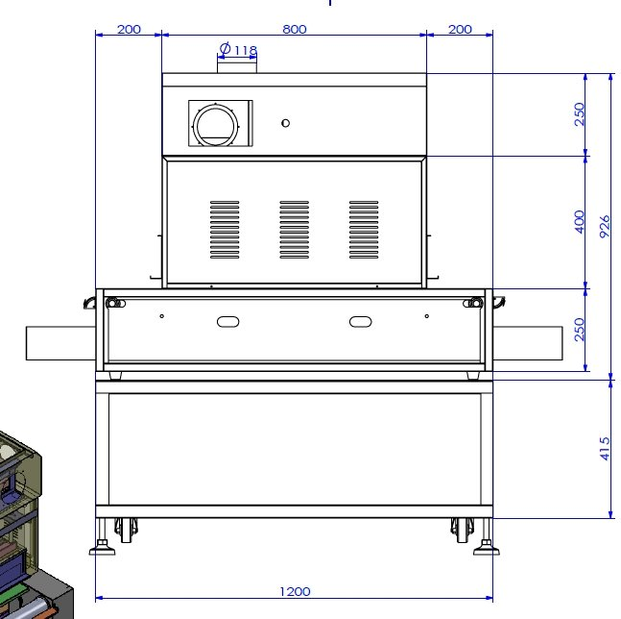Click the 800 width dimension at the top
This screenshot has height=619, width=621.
point(295,30)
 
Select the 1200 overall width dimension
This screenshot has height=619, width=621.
point(295,592)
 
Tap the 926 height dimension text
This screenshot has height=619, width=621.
point(605,227)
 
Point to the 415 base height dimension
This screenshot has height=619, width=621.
point(605,449)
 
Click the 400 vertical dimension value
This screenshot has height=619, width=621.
point(579,222)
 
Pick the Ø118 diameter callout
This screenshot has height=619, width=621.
point(238,49)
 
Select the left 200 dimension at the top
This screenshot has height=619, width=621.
point(129,30)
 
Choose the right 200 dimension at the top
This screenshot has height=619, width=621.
point(460,30)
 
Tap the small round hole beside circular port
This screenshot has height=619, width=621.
point(285,123)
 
